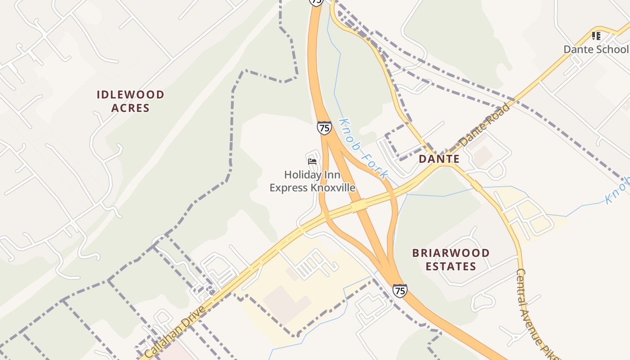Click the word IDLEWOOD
click(x=130, y=94)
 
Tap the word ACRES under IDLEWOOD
click(x=130, y=108)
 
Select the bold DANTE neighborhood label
click(x=439, y=159)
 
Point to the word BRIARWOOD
click(x=450, y=253)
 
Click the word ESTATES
click(x=450, y=266)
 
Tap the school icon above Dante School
click(x=596, y=36)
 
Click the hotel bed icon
click(x=312, y=161)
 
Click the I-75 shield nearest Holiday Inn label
click(x=324, y=128)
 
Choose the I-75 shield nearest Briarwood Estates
click(x=400, y=291)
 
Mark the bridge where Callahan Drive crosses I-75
click(x=359, y=206)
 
